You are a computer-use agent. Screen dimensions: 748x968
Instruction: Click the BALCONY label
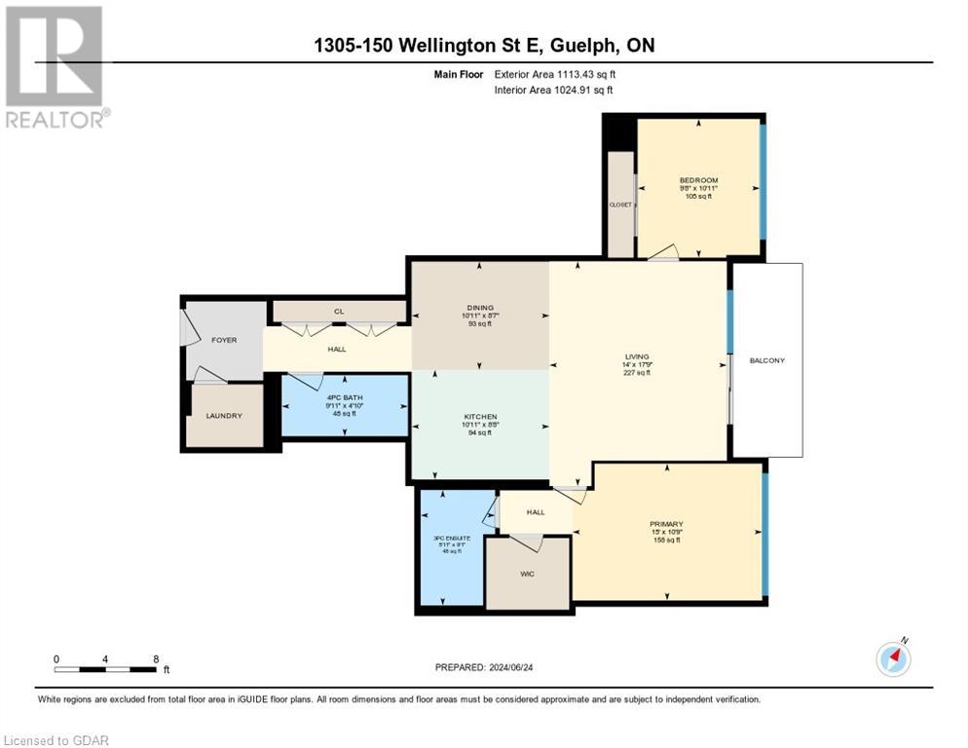point(766,360)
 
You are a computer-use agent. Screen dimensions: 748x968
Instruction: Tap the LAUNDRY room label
point(223,416)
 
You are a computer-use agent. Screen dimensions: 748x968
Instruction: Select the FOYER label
point(224,340)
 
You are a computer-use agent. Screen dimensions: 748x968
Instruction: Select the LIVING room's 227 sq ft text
point(637,374)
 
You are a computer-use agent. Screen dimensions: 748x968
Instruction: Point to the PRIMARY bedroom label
point(666,523)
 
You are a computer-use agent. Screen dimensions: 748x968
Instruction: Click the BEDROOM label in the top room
point(697,180)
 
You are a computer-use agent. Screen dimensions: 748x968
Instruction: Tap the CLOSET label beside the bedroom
point(619,205)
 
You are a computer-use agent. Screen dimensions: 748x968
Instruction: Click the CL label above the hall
point(339,312)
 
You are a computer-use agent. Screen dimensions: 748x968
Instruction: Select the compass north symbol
point(893,658)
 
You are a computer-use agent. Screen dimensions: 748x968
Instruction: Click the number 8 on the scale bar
point(156,658)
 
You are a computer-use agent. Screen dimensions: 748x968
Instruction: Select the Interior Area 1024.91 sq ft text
point(553,91)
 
